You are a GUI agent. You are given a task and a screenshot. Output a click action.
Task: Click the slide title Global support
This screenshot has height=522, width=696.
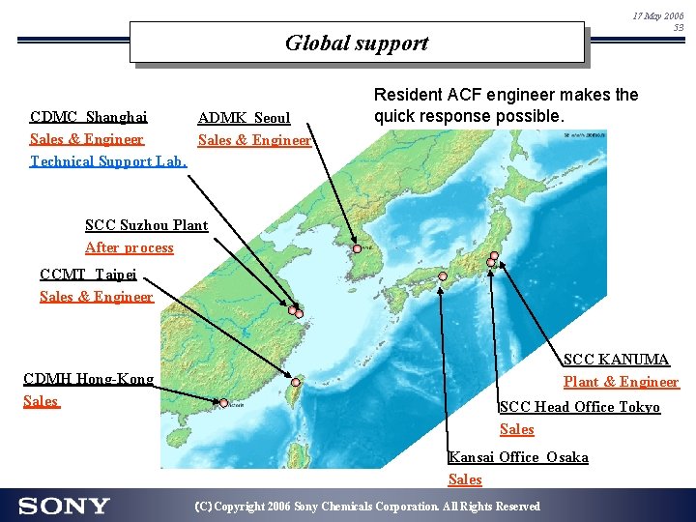point(356,43)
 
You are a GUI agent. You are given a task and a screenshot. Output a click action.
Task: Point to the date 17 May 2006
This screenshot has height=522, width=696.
point(658,16)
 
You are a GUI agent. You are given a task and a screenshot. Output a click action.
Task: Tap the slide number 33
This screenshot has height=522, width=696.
point(678,28)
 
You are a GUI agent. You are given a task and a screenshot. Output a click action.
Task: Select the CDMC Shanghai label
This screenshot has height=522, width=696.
point(89,117)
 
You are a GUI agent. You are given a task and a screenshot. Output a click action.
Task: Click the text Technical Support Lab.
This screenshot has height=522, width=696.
point(108,160)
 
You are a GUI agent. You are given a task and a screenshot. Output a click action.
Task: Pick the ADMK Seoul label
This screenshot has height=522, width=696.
point(244,118)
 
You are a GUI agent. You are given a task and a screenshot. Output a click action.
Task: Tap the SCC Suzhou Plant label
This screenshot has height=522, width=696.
point(146,225)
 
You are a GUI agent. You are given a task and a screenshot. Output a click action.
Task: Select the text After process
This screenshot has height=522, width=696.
point(130,247)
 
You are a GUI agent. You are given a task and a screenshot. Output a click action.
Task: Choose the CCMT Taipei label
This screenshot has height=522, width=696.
point(88,274)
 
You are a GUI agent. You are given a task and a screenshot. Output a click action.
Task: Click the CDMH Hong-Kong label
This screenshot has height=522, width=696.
point(89,378)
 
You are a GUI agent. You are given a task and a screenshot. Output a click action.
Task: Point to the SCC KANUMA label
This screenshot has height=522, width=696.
point(616,360)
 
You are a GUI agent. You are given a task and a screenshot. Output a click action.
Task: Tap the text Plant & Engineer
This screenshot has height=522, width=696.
point(621,382)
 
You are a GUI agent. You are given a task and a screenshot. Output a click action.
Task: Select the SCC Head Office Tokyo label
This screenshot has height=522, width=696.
point(579,407)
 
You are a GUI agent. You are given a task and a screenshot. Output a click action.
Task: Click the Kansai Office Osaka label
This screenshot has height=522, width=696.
point(518,457)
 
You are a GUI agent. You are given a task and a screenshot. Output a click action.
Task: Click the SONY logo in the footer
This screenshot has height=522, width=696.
point(64,506)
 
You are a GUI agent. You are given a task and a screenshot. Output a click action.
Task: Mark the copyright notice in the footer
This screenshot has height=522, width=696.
point(367,507)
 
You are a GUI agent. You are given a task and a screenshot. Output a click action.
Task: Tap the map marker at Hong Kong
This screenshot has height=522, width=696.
point(224,403)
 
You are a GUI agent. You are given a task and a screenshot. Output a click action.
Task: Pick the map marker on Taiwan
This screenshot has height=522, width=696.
point(296,383)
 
